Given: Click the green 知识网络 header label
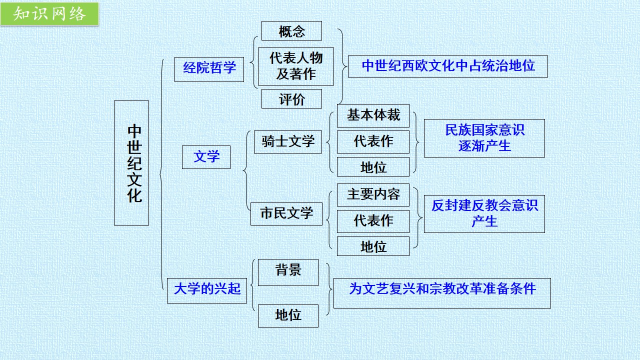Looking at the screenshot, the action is click(49, 13).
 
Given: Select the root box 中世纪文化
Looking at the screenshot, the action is click(131, 163).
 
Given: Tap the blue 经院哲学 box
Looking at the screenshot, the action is click(209, 69).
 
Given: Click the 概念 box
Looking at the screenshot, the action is click(291, 31).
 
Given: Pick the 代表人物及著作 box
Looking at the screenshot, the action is click(296, 66).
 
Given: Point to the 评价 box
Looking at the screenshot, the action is click(291, 99).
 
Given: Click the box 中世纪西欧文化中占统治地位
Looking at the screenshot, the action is click(448, 66).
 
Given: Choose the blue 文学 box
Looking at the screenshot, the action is click(206, 157).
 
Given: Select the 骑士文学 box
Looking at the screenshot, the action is click(288, 142).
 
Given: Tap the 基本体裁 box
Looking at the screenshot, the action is click(373, 115).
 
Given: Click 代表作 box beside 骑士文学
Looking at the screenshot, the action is click(373, 142).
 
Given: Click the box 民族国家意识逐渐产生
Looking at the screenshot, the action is click(484, 138).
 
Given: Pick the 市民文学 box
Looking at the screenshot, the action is click(286, 214).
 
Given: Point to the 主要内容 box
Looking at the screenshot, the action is click(373, 195).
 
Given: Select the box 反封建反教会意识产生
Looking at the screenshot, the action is click(484, 214).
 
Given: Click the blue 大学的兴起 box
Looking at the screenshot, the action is click(207, 290).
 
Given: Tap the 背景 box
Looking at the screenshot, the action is click(288, 272).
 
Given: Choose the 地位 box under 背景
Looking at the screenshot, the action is click(288, 316).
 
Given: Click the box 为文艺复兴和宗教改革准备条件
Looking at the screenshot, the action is click(442, 293).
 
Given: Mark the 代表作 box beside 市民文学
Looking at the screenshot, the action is click(373, 221).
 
